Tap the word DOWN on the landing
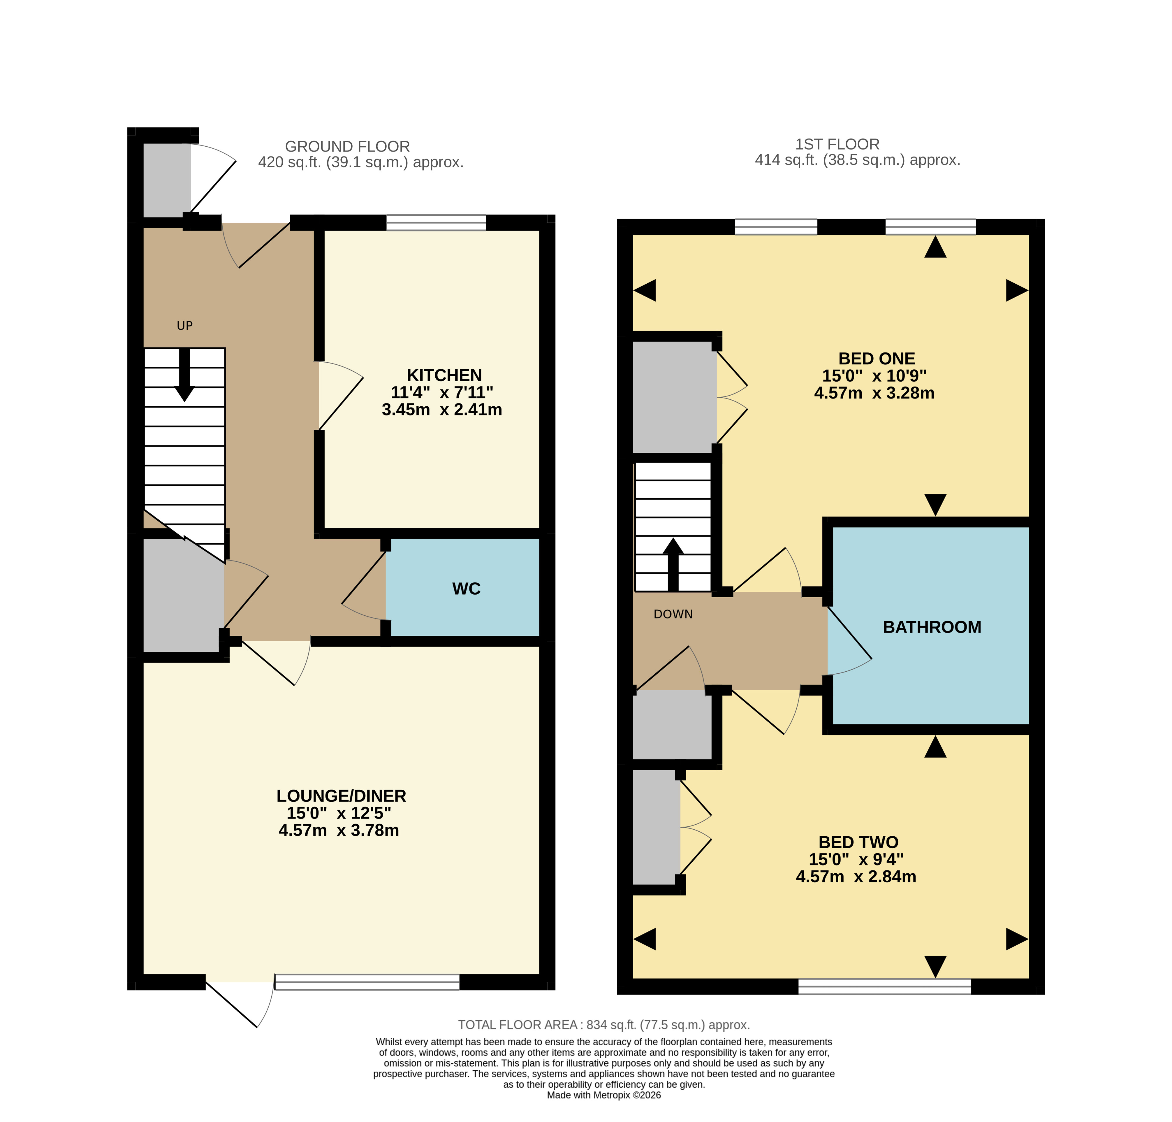[x=673, y=614]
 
